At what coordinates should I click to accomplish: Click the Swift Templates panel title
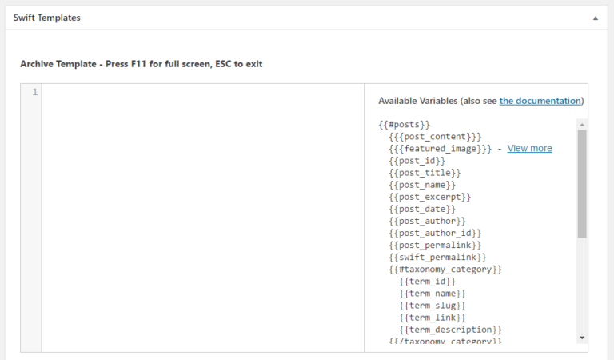[46, 18]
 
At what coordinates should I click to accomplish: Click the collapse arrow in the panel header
[595, 18]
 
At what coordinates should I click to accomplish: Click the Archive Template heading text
[141, 63]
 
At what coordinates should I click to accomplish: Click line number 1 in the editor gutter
[34, 93]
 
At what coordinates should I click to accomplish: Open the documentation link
[540, 101]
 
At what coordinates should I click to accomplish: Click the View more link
[529, 148]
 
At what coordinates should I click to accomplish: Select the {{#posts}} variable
[405, 124]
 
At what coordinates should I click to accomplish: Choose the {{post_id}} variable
[417, 160]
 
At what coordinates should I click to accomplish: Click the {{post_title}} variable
[425, 172]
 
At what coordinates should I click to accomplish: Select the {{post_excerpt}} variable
[430, 197]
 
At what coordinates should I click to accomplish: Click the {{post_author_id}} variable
[435, 233]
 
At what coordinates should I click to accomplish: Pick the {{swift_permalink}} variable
[437, 257]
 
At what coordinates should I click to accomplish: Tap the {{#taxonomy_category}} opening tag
[445, 270]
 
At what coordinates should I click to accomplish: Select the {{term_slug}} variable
[433, 306]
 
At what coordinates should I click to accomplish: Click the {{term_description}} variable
[451, 330]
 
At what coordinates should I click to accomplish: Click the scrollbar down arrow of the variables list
[582, 338]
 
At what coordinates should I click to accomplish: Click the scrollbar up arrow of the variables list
[582, 125]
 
